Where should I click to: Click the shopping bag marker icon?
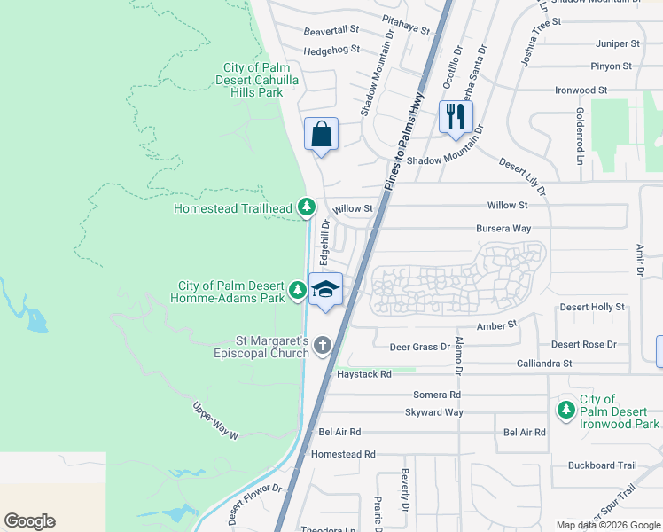321,135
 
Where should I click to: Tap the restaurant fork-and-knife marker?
456,117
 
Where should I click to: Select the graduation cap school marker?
325,289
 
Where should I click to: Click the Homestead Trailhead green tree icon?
306,207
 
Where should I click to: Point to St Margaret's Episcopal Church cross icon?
322,346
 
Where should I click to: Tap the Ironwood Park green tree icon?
566,411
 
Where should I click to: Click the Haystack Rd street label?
363,374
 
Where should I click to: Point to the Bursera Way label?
503,229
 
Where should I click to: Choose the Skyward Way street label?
434,412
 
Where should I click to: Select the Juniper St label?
618,43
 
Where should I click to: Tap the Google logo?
29,521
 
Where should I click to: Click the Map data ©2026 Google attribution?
607,525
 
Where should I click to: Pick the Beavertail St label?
331,30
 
